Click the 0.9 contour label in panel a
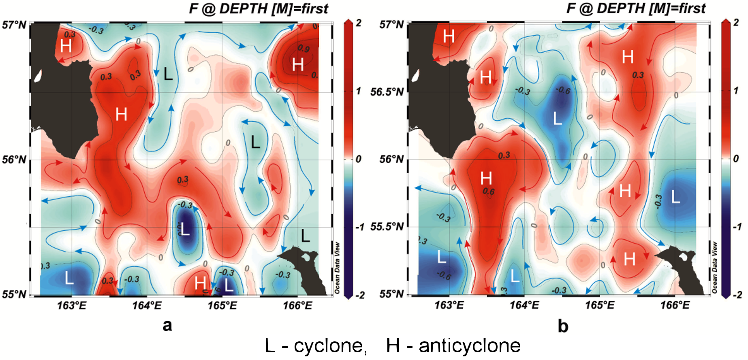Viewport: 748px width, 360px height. tap(303, 49)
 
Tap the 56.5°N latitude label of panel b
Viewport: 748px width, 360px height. tap(387, 92)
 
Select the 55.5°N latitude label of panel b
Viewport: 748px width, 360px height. tap(387, 226)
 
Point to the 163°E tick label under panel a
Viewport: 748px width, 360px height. tap(72, 305)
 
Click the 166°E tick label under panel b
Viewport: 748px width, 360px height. tap(675, 305)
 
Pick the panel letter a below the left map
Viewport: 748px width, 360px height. tap(167, 325)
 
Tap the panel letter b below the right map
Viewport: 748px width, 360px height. tap(563, 326)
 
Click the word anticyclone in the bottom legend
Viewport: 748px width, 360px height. tap(469, 346)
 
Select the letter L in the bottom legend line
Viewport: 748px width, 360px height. tap(270, 346)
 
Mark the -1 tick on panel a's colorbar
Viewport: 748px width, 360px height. tap(359, 227)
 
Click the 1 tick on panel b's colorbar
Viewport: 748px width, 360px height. tap(736, 90)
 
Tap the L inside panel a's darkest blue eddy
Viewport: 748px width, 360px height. tap(185, 229)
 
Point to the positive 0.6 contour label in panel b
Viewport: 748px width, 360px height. tap(488, 191)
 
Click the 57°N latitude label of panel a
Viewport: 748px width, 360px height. tap(14, 25)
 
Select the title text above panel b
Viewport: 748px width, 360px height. tap(636, 9)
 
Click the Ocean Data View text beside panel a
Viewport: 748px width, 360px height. tap(337, 268)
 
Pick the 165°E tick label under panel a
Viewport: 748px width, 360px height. tap(222, 305)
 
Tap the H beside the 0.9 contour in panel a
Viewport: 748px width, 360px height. tap(298, 64)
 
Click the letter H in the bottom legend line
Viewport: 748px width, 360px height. tap(393, 346)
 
